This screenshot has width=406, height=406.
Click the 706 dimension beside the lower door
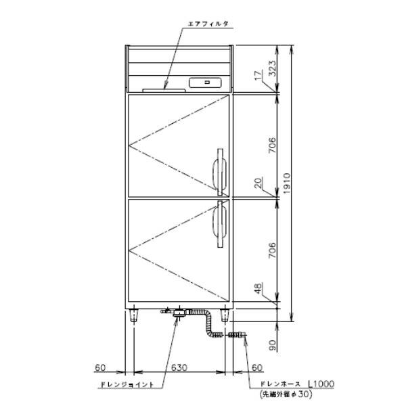click(271, 250)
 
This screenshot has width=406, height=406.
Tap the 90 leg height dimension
click(272, 345)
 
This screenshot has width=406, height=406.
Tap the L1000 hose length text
click(321, 384)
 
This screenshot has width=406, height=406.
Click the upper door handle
click(220, 169)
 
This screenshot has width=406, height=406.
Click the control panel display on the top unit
click(207, 83)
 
